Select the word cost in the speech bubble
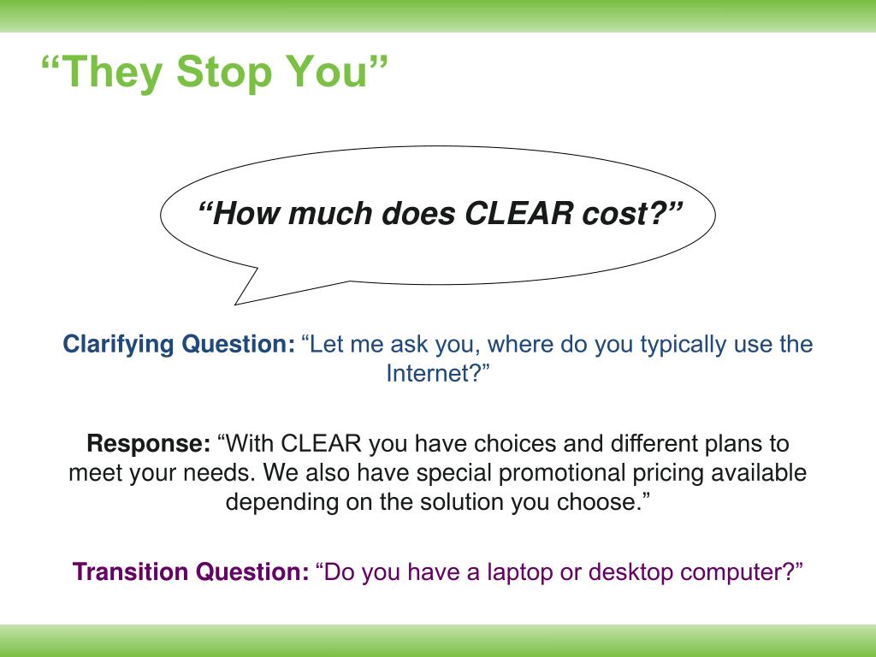[621, 214]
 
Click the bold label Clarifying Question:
[179, 345]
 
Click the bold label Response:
[148, 444]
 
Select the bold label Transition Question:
[191, 571]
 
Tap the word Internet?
[438, 374]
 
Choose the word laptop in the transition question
[522, 571]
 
